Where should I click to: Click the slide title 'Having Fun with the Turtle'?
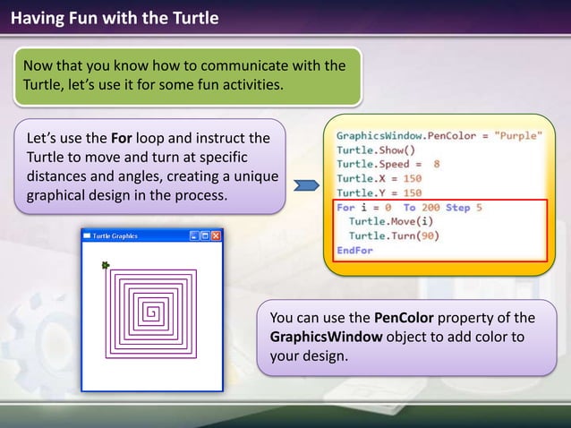coord(115,17)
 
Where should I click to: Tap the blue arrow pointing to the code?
coord(307,185)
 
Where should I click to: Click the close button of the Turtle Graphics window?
coord(216,235)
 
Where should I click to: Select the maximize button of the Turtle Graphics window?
coord(205,235)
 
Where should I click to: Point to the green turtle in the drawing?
coord(106,265)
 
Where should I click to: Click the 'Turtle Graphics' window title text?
coord(115,235)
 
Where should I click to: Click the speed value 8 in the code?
coord(436,164)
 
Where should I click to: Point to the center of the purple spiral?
coord(152,312)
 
